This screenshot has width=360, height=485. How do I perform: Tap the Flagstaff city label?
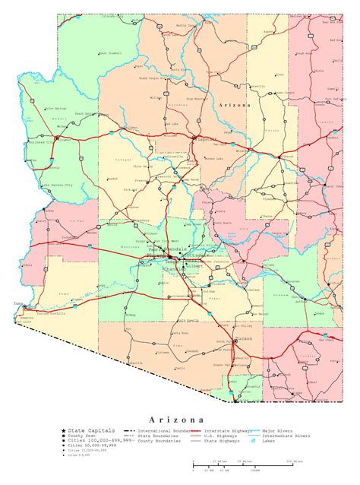207,139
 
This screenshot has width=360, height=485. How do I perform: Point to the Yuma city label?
19,303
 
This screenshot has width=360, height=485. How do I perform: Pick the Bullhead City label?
39,141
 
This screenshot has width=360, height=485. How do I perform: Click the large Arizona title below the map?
175,419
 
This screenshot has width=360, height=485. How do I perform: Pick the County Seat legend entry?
82,436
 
